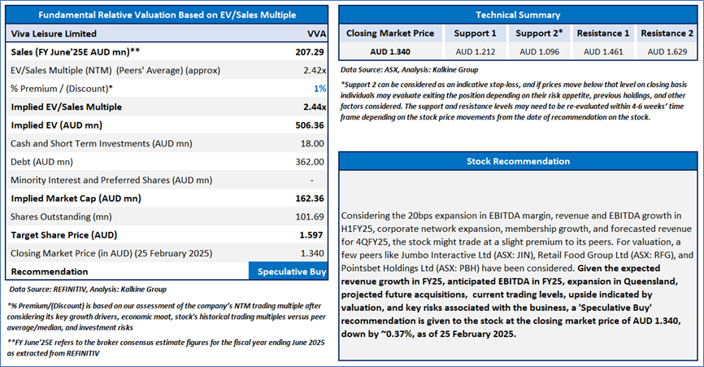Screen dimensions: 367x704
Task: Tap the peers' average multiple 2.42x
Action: coord(315,70)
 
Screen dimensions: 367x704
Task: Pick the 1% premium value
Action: coord(321,88)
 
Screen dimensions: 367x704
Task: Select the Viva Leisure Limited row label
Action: coord(54,33)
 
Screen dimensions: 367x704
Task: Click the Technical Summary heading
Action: coord(517,15)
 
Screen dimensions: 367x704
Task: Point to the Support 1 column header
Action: coord(476,33)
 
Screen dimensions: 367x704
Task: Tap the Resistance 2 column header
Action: coord(667,33)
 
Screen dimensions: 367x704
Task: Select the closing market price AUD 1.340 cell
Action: coord(389,51)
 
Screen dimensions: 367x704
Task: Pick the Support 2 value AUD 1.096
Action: coord(540,51)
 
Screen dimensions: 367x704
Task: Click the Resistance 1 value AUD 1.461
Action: coord(603,51)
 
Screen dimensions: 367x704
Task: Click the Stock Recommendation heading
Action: coord(517,161)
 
